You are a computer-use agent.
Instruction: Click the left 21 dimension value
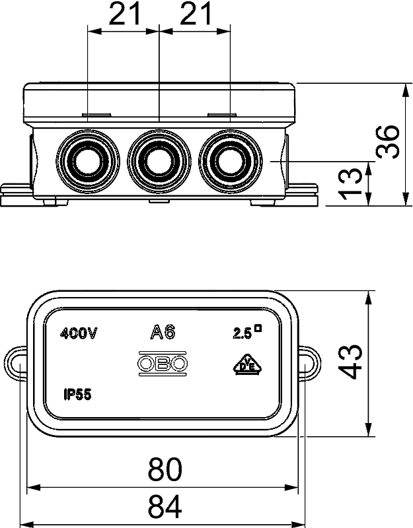(x=124, y=14)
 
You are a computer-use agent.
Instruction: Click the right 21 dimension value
(x=196, y=14)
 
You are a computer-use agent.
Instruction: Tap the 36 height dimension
(x=388, y=142)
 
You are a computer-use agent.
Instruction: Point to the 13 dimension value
(x=350, y=183)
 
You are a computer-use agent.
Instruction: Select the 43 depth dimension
(x=350, y=362)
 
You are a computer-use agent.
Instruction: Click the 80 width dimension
(x=165, y=469)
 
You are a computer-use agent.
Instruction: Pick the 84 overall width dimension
(x=165, y=506)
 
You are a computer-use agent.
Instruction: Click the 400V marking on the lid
(x=79, y=334)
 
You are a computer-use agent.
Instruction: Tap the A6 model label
(x=163, y=333)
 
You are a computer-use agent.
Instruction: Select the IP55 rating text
(x=77, y=394)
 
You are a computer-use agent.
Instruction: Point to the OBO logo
(x=162, y=363)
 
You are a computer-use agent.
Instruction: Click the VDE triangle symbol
(x=247, y=364)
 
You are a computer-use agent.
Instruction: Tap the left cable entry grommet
(x=88, y=160)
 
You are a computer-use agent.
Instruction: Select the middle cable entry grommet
(x=159, y=160)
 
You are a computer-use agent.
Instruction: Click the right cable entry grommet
(x=231, y=160)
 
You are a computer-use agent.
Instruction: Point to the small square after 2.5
(x=258, y=327)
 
